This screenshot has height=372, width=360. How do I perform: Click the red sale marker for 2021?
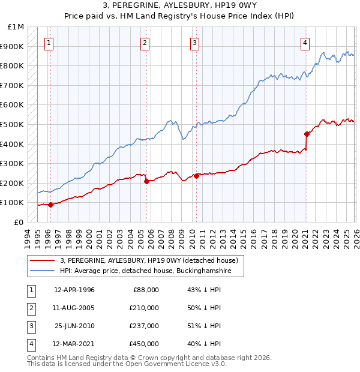click(x=307, y=134)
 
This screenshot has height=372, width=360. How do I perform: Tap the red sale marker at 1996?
click(x=50, y=205)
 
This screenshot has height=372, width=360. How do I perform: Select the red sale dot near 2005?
click(x=146, y=181)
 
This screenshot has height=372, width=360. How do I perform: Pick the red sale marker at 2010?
click(x=196, y=176)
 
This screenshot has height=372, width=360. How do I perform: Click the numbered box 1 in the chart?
click(x=49, y=43)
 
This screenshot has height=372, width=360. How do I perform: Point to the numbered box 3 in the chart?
click(x=195, y=43)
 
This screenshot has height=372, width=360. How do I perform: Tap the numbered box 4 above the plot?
click(x=305, y=43)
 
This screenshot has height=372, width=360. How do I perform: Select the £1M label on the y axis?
click(x=16, y=27)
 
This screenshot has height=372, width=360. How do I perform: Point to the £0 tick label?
click(x=19, y=222)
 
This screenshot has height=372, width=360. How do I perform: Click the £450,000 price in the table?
click(x=144, y=344)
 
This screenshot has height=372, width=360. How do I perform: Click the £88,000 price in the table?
click(x=146, y=290)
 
